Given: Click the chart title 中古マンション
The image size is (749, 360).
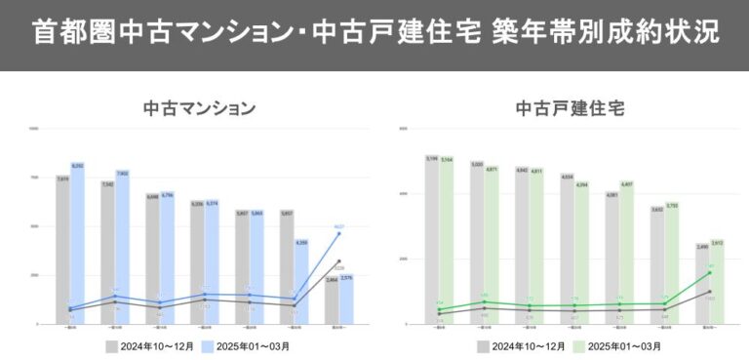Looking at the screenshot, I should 199,107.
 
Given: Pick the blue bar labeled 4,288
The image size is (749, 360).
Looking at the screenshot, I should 302,285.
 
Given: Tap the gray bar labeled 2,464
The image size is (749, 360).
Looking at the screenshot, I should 332,303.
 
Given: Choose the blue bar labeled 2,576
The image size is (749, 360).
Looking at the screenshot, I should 347,302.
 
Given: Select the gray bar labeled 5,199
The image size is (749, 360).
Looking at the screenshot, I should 432,244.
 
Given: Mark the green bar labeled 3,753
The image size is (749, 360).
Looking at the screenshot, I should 672,268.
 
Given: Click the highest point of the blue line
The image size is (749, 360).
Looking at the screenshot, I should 339,233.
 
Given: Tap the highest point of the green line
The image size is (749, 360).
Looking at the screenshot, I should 710,272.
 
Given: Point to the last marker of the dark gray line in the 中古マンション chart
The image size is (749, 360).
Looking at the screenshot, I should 339,261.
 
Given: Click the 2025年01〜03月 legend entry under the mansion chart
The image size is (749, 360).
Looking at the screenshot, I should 246,345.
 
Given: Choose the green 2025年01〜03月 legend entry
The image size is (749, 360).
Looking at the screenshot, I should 615,345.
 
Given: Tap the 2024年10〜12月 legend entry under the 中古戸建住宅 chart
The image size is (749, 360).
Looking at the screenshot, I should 518,345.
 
